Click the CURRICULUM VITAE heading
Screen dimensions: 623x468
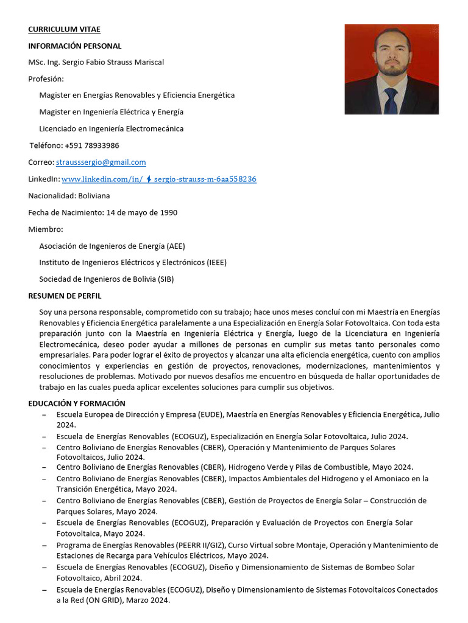click(64, 29)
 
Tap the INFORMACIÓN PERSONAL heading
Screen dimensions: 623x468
click(74, 46)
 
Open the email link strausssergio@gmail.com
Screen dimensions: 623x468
click(101, 162)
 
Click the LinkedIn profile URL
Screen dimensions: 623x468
click(158, 179)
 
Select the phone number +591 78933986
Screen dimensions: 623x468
click(91, 145)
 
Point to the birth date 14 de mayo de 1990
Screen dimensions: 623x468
click(141, 212)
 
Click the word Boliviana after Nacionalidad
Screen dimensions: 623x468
click(94, 196)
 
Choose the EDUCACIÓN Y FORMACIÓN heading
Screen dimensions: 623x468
click(76, 403)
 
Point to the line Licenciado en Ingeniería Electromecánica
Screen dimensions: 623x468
click(111, 129)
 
